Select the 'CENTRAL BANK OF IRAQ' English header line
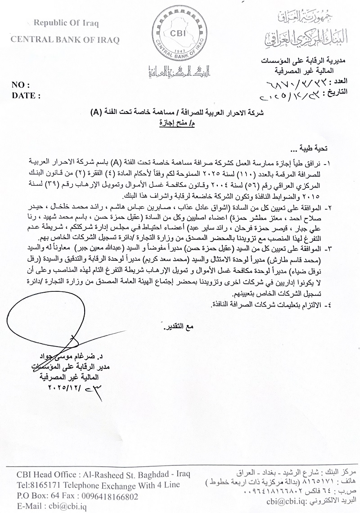(x=65, y=40)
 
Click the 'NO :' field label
(x=20, y=85)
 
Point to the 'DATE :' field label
(x=26, y=95)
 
